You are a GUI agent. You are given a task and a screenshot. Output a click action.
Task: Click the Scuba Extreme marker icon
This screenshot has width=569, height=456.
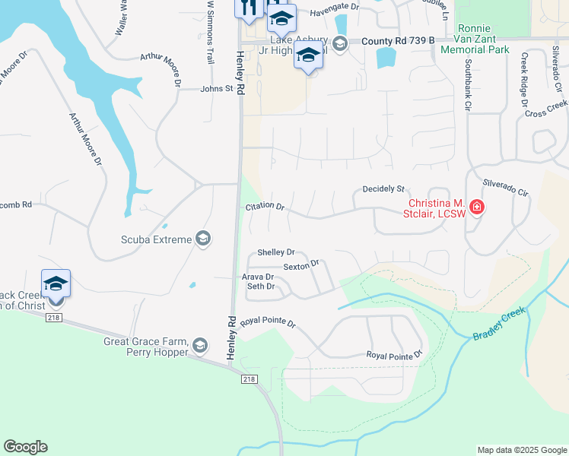(202, 239)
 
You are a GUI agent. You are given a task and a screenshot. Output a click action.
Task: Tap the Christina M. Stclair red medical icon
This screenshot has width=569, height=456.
(477, 207)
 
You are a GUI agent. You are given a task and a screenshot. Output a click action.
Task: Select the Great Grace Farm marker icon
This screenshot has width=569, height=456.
(200, 347)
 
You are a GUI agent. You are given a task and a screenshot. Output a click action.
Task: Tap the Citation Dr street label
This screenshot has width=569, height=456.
(265, 207)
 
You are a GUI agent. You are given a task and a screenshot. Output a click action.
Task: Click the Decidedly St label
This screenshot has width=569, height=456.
(383, 188)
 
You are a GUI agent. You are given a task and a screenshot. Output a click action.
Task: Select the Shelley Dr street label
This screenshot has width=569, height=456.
(275, 252)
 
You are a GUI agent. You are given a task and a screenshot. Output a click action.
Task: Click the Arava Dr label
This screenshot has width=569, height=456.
(257, 277)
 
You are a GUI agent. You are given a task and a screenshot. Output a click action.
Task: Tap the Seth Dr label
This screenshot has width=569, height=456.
(260, 287)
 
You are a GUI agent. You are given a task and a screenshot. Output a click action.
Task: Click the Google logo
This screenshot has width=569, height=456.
(25, 447)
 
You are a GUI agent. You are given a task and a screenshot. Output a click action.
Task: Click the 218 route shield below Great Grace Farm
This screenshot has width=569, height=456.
(249, 378)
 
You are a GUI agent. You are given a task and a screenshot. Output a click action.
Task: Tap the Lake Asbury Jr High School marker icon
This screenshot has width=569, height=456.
(339, 43)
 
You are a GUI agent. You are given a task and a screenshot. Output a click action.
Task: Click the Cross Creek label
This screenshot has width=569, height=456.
(546, 108)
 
